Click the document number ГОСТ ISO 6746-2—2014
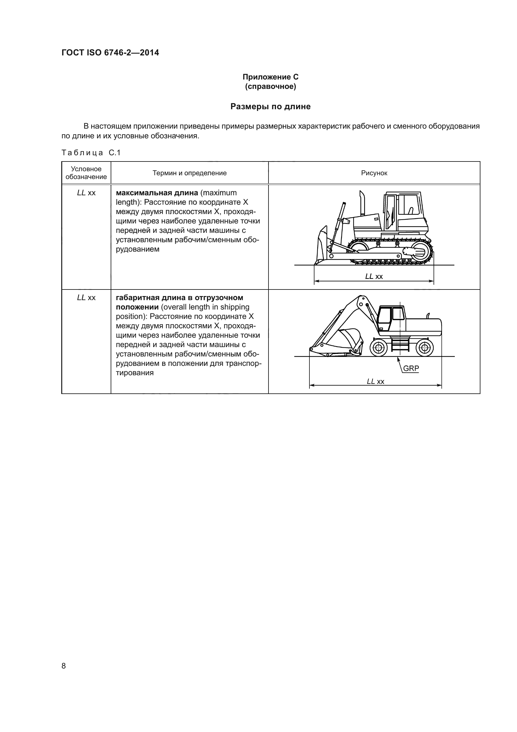(x=110, y=53)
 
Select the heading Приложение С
(x=270, y=77)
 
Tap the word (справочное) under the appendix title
(x=270, y=86)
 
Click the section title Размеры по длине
(x=270, y=106)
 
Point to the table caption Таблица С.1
(x=91, y=153)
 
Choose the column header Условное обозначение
(x=86, y=173)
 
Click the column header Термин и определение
(x=189, y=173)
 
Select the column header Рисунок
(x=374, y=173)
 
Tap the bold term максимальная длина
(x=157, y=193)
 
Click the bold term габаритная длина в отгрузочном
(x=179, y=298)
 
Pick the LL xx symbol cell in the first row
(x=86, y=193)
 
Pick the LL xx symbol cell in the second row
(x=86, y=298)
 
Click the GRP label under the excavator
(x=411, y=369)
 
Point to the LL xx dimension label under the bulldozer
(x=374, y=276)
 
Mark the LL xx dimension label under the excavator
(x=375, y=381)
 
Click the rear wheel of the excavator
(x=424, y=347)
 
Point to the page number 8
(x=64, y=666)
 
